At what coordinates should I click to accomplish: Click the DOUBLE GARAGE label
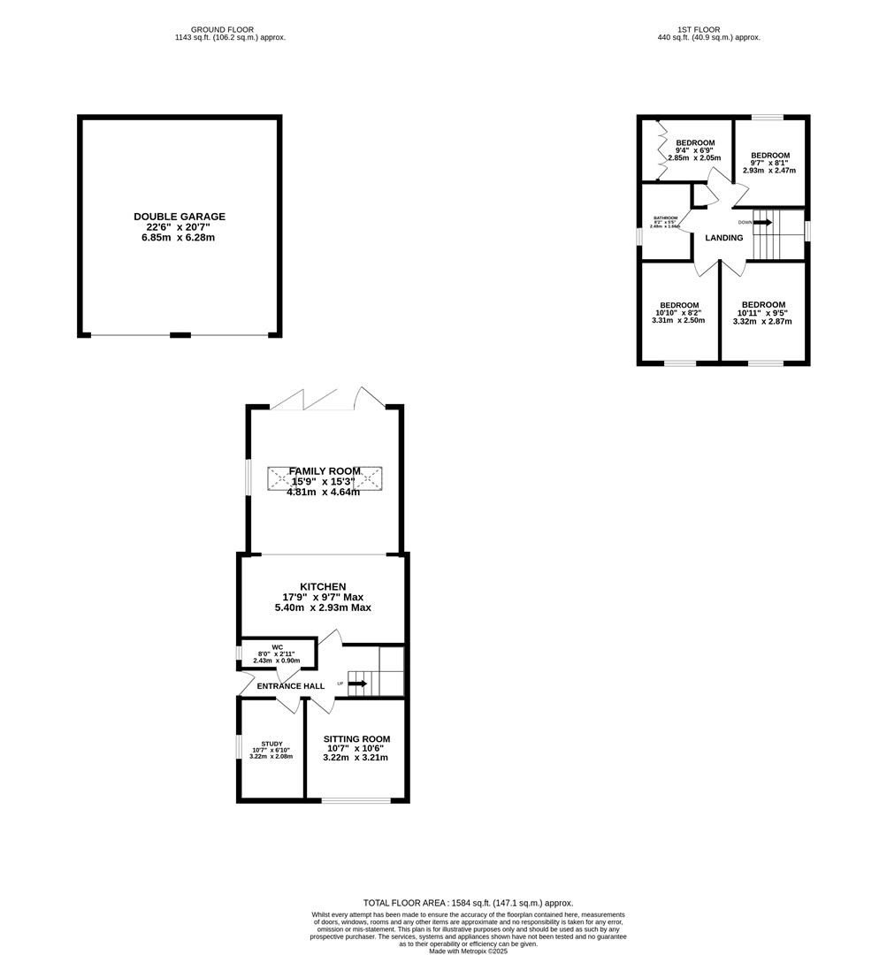pos(180,216)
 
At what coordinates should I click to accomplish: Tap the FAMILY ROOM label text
pos(324,471)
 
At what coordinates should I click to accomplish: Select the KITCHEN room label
pos(323,587)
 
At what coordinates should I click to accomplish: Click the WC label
pos(277,647)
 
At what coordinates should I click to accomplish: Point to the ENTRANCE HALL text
pos(290,686)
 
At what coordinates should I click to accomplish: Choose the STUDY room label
pos(271,744)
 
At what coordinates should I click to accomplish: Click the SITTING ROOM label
pos(356,739)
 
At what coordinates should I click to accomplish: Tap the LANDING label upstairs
pos(723,238)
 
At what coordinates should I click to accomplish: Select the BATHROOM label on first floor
pos(665,218)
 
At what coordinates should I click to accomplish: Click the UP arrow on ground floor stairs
pos(357,684)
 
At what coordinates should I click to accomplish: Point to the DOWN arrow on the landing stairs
pos(762,222)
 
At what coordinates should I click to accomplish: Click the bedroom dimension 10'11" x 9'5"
pos(762,313)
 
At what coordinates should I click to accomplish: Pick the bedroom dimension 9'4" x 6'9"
pos(694,150)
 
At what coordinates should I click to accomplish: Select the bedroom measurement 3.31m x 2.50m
pos(679,321)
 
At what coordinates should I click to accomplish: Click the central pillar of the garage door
pos(180,334)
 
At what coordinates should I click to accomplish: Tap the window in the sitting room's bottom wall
pos(356,800)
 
